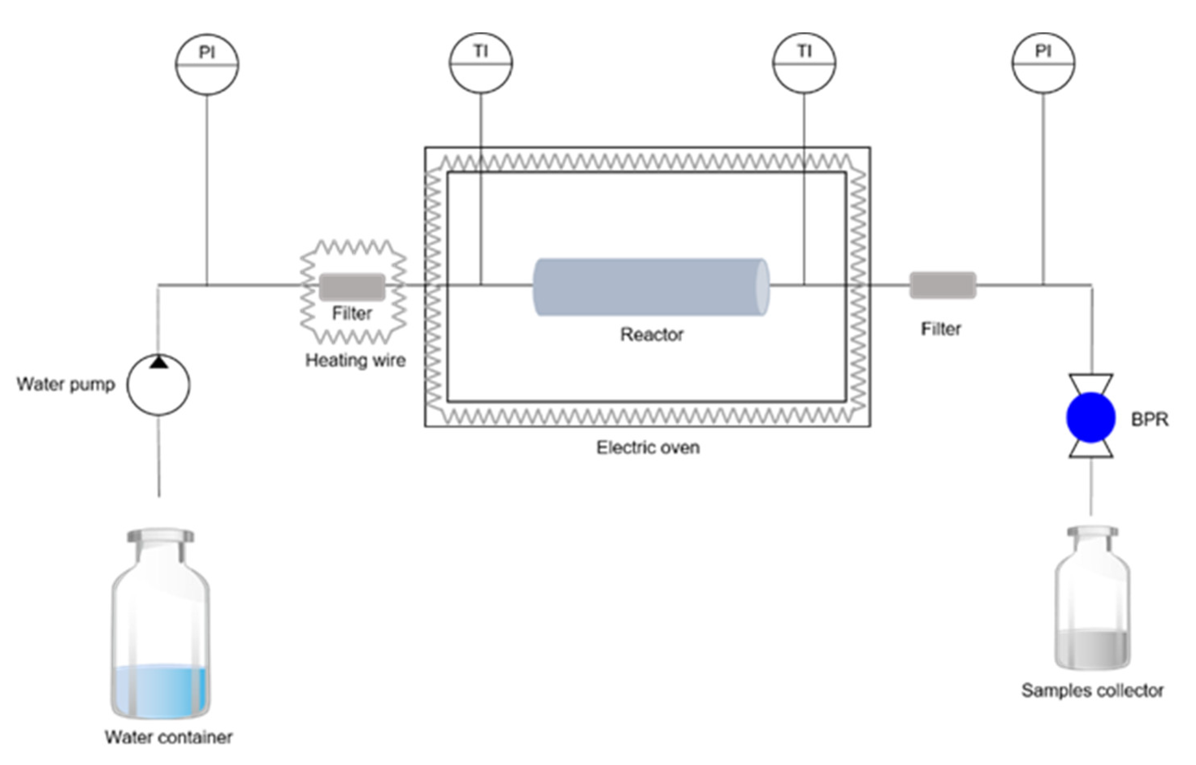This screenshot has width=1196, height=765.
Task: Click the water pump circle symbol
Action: [158, 385]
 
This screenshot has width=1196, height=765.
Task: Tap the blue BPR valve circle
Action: [1091, 417]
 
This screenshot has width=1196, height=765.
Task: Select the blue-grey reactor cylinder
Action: [651, 287]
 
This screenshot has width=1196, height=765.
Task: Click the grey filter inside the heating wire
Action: [352, 287]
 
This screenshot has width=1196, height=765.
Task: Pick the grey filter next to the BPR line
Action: [943, 285]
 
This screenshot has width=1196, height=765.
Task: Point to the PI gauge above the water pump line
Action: [207, 64]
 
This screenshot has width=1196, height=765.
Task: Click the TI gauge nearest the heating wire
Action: [481, 63]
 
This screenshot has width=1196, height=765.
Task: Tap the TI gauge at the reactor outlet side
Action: [804, 63]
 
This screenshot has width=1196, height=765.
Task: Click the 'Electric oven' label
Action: [648, 447]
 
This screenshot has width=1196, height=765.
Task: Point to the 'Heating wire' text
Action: [355, 360]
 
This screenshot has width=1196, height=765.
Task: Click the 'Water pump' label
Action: [65, 384]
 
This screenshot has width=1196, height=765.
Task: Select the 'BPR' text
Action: [1149, 420]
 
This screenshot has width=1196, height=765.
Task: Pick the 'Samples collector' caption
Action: [1092, 690]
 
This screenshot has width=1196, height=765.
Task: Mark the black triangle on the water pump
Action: [158, 362]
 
